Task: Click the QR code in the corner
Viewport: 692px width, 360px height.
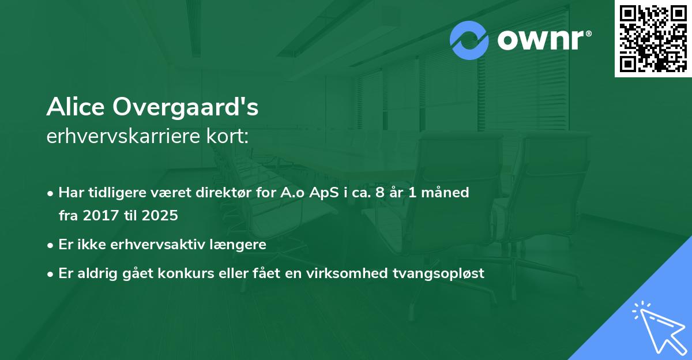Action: pos(653,39)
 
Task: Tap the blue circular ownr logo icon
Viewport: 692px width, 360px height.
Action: pos(469,40)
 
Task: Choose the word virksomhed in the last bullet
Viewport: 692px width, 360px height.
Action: pos(362,273)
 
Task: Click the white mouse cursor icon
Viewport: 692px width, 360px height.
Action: pos(659,328)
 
